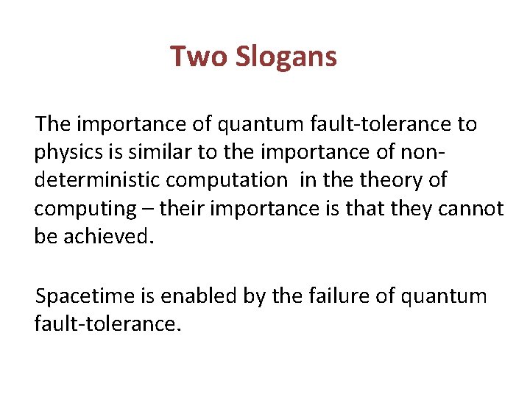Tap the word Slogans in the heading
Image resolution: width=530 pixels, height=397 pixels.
coord(286,57)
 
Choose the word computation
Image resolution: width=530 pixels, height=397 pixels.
coord(230,180)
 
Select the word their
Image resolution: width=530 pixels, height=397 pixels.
coord(181,208)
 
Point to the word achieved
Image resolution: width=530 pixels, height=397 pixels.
coord(108,237)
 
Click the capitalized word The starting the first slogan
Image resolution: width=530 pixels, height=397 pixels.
coord(51,124)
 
